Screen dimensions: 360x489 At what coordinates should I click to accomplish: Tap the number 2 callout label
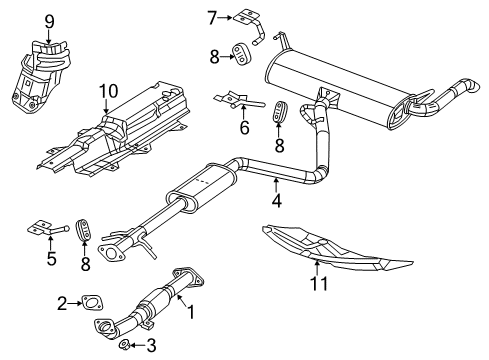[x=61, y=301]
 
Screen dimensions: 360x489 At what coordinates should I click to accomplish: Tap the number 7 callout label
[x=211, y=15]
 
